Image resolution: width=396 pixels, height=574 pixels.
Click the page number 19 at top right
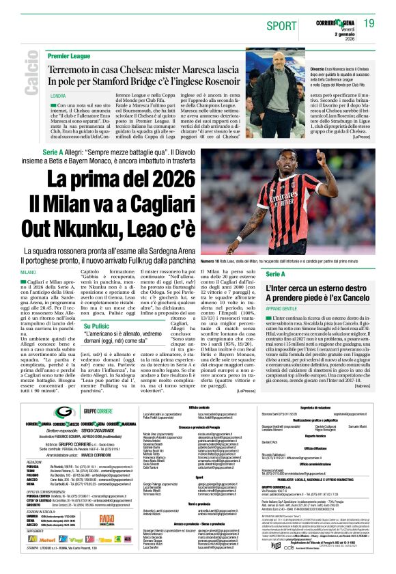click(x=369, y=23)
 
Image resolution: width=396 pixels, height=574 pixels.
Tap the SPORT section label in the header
click(x=283, y=25)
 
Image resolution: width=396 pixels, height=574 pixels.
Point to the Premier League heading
click(x=70, y=54)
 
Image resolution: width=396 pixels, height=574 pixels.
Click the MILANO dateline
click(x=47, y=272)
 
